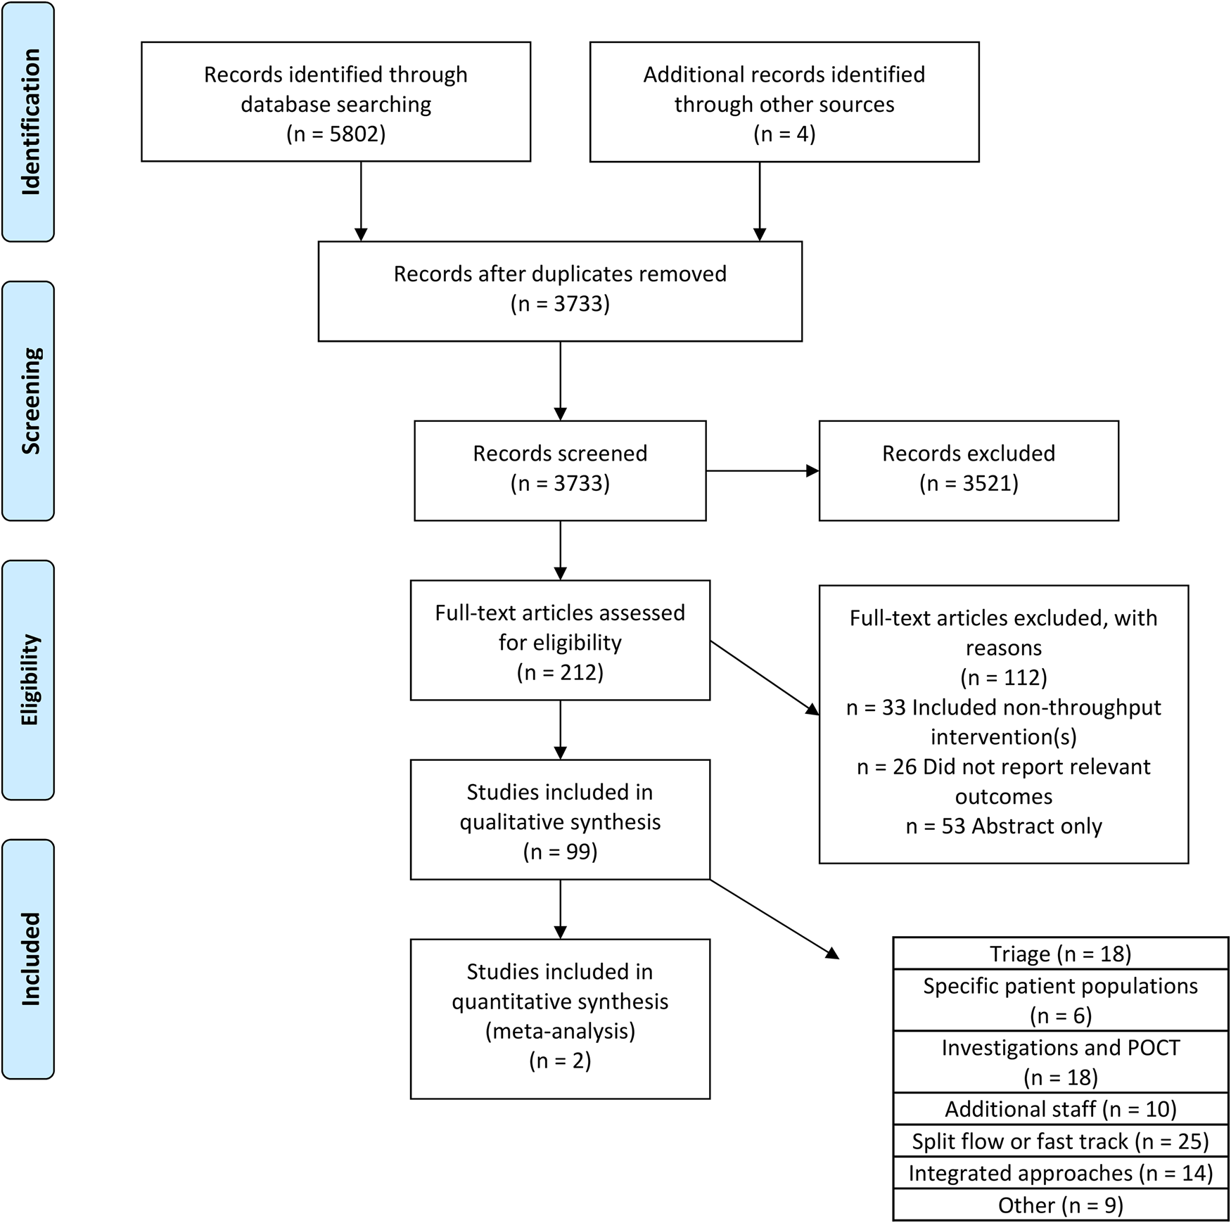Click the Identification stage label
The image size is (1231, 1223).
(29, 122)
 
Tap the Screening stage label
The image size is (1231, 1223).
(29, 401)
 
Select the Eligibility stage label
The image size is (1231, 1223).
(29, 679)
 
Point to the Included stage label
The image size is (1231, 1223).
(29, 959)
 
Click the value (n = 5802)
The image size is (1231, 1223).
(336, 134)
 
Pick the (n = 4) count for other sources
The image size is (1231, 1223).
(784, 134)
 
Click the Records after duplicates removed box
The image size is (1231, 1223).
(560, 290)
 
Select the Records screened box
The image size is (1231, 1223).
(560, 470)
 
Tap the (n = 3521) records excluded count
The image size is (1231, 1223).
(969, 483)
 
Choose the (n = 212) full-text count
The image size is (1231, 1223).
(560, 672)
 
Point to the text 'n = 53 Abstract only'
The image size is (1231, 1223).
(1004, 826)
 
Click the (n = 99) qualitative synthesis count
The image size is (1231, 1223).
(560, 852)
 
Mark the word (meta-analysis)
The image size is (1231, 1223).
(560, 1031)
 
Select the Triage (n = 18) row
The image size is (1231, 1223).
(1060, 954)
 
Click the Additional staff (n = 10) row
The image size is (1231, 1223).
(1060, 1109)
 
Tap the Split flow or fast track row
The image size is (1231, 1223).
(1060, 1141)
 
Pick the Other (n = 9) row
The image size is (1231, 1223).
(1060, 1205)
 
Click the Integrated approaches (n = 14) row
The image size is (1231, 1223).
(1060, 1173)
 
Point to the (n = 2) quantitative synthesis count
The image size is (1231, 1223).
(560, 1061)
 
